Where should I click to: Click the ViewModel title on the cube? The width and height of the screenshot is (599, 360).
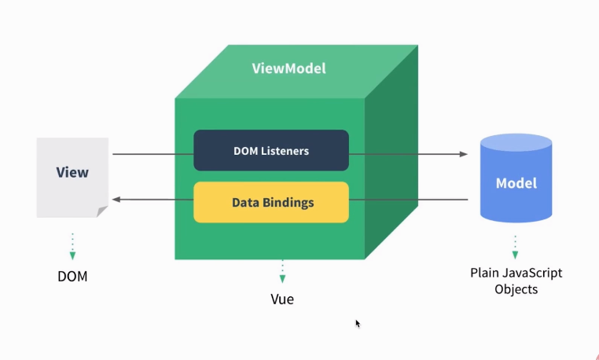tap(288, 68)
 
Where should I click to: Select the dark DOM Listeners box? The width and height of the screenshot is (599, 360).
tap(271, 150)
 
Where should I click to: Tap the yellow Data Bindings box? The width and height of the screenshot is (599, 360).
tap(271, 202)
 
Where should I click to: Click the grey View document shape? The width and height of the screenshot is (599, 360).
tap(72, 175)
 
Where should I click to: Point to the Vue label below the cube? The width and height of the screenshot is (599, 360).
tap(282, 299)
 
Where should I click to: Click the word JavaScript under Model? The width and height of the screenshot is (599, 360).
tap(533, 274)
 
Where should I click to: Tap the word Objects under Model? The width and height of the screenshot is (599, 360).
tap(516, 289)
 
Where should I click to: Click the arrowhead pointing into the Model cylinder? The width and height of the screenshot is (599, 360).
tap(464, 154)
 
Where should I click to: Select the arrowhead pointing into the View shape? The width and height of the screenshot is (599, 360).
tap(115, 200)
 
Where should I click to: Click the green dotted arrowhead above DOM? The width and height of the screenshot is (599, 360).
tap(72, 255)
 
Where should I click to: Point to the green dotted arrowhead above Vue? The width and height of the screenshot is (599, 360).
tap(282, 278)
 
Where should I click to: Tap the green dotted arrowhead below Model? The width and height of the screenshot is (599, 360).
tap(516, 255)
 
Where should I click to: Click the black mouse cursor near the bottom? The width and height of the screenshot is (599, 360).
tap(358, 323)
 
